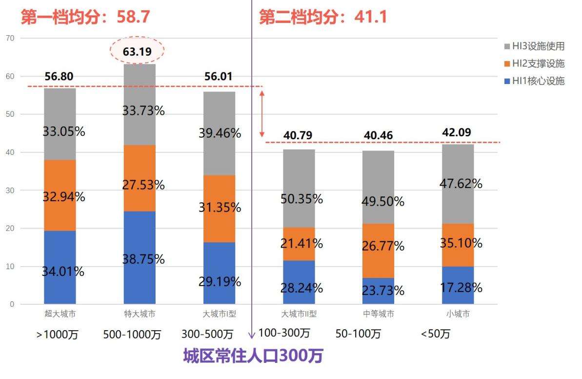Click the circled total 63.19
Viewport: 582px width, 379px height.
(x=137, y=51)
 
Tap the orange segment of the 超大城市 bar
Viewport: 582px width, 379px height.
(x=60, y=195)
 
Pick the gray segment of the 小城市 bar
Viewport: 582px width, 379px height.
(x=458, y=183)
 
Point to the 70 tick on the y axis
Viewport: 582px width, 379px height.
(x=10, y=38)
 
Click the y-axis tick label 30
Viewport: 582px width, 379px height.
(x=10, y=190)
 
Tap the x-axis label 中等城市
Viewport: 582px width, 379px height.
(x=378, y=314)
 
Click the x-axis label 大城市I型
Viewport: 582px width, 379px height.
(x=219, y=314)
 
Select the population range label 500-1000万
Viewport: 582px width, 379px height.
(x=132, y=335)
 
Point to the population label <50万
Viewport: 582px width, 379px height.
(x=436, y=335)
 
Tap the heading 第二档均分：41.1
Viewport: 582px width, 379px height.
(x=323, y=17)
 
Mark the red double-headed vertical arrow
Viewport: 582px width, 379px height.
(x=262, y=114)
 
